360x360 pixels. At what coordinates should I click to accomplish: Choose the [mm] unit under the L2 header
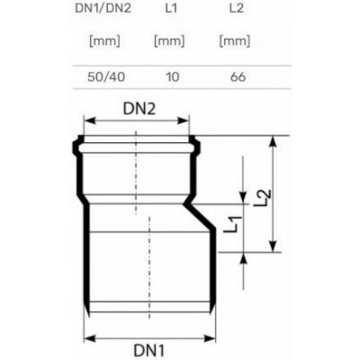click(235, 41)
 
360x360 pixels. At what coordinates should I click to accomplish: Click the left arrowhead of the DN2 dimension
click(87, 121)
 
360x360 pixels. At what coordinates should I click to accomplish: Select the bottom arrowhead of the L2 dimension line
click(273, 249)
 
